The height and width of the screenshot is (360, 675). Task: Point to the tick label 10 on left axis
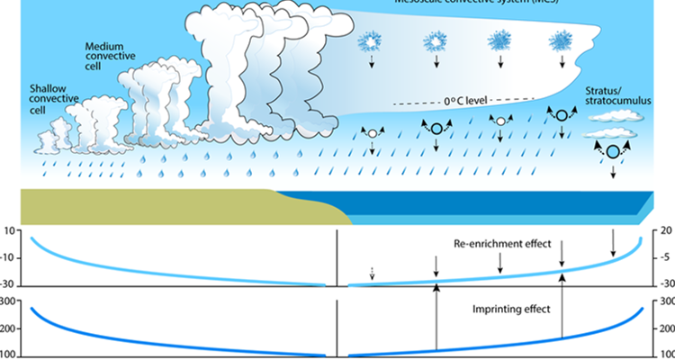pyautogui.click(x=11, y=232)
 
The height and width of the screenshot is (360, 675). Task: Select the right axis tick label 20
pyautogui.click(x=665, y=232)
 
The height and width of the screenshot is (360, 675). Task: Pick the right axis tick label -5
pyautogui.click(x=665, y=258)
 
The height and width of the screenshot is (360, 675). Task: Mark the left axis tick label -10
pyautogui.click(x=10, y=258)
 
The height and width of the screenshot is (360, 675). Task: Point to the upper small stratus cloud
pyautogui.click(x=614, y=114)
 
